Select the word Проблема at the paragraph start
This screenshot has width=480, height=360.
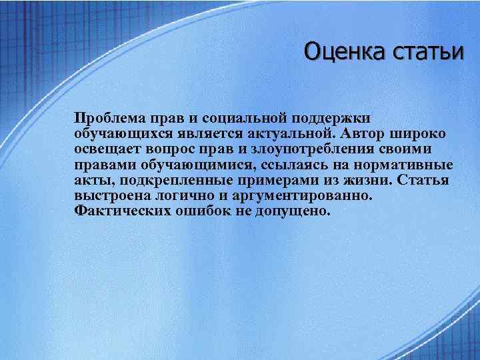pyautogui.click(x=110, y=118)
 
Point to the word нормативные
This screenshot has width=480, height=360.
pyautogui.click(x=404, y=165)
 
